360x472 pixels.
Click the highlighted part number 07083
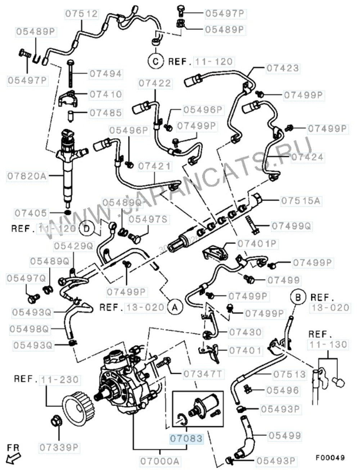pos(186,439)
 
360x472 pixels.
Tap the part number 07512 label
pos(81,14)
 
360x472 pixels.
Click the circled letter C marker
pos(156,61)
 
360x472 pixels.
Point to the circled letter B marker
pos(298,297)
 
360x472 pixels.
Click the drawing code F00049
pos(330,458)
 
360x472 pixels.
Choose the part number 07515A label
pos(301,201)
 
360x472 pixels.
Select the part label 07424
pos(307,157)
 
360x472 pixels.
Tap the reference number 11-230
pos(60,380)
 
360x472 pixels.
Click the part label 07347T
pos(203,374)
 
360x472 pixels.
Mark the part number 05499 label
pos(284,436)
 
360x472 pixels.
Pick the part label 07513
pos(289,374)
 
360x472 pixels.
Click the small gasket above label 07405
pos(67,210)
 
